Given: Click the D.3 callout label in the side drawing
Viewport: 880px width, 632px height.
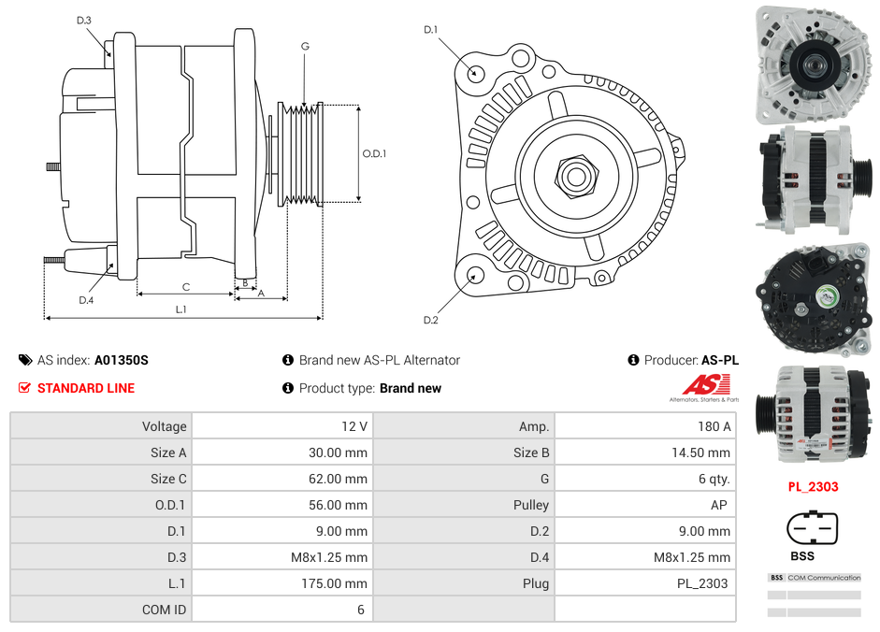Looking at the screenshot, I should pos(84,20).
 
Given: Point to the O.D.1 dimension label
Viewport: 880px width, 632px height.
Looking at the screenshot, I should pos(374,153).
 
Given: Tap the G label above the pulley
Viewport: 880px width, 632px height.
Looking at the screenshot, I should pos(305,46).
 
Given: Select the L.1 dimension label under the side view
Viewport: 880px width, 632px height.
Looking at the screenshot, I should pos(181,309).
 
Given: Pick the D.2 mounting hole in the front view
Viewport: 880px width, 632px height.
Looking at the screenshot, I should pos(474,275).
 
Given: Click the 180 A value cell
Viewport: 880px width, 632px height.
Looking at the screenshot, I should pos(714,426).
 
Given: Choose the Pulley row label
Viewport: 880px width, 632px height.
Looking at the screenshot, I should pos(531,505).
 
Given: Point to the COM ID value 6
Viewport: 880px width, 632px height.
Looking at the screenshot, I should pos(360,610).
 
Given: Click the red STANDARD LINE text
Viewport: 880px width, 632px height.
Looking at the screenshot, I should pos(85,388).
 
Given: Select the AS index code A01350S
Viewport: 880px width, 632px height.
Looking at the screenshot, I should pos(122,360).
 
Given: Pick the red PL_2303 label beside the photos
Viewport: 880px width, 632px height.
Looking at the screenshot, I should pos(812,486).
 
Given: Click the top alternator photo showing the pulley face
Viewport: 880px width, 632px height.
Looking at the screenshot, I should pos(812,65).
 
